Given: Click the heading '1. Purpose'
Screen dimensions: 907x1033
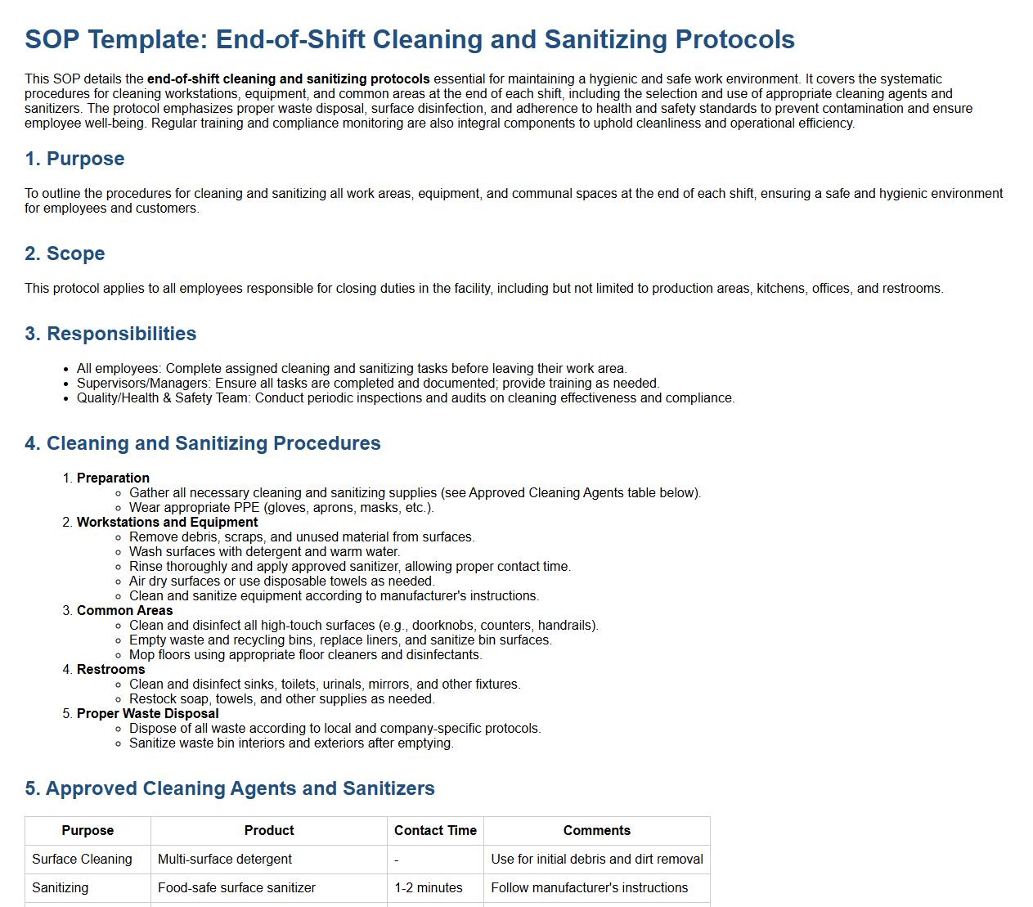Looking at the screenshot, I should pos(74,159).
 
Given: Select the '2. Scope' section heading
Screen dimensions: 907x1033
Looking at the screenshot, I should pos(65,254).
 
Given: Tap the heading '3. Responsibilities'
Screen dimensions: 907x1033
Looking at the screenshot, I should pos(110,334).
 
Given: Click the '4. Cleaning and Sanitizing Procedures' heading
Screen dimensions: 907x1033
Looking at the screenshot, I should pos(203,443).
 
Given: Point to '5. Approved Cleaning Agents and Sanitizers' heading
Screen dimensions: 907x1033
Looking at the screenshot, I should pos(230,788).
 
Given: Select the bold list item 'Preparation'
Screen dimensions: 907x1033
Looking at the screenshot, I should pos(113,478).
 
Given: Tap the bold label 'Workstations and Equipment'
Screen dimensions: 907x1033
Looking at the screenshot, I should pos(167,522).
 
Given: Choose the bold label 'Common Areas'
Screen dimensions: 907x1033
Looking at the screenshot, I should pos(124,610).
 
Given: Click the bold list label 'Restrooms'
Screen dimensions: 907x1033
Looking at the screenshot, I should pos(110,669).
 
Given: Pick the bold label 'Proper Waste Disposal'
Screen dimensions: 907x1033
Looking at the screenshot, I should pos(147,713).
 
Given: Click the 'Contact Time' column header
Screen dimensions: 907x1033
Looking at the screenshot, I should pos(435,830).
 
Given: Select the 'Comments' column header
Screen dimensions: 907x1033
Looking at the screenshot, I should pos(596,830).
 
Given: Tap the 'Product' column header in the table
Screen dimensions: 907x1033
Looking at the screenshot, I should pos(269,830).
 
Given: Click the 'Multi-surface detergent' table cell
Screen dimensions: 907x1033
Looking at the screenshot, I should pos(225,859).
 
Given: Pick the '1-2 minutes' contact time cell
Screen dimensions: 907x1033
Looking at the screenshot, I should pos(429,887).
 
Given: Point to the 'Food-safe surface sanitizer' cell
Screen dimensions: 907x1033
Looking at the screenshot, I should pos(236,887).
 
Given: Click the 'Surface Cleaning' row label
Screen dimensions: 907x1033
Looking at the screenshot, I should pos(82,859).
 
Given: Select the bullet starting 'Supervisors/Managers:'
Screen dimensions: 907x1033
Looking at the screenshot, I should pos(368,383).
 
